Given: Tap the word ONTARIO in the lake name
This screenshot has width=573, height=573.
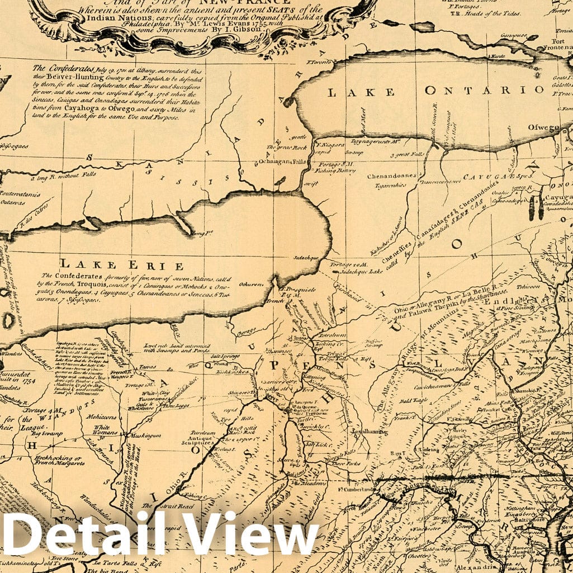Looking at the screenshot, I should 484,90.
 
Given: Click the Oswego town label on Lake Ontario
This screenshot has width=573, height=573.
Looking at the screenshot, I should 543,127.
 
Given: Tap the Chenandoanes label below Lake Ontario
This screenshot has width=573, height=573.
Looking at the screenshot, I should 392,176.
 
